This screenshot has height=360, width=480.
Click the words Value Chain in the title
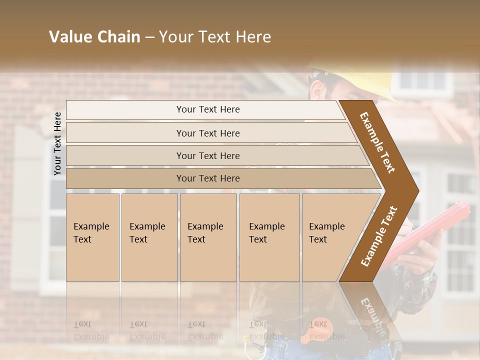click(x=94, y=37)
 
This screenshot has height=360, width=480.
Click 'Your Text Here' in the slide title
click(x=215, y=37)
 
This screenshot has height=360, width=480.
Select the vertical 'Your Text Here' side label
click(x=57, y=143)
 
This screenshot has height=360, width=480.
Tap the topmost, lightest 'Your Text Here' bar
click(x=207, y=109)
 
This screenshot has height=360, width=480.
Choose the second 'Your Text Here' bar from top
click(x=207, y=133)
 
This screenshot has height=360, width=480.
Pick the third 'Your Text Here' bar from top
click(x=207, y=155)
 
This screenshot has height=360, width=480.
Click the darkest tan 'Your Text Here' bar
click(x=207, y=178)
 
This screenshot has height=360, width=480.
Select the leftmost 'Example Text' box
click(x=92, y=237)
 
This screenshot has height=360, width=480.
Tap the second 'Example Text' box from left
click(x=149, y=237)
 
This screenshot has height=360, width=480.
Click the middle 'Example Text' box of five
click(x=207, y=237)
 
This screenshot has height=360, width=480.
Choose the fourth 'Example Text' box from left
click(x=269, y=237)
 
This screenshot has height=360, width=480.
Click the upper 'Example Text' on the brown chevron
click(x=377, y=142)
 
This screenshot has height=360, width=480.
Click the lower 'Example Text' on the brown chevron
click(x=378, y=237)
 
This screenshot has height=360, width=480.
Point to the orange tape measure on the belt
click(x=317, y=327)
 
